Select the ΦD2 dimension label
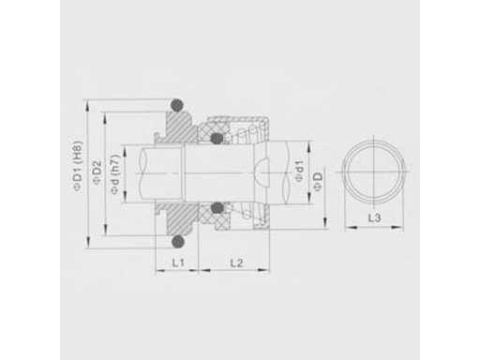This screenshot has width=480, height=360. pos(97,172)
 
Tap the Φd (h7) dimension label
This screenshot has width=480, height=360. pos(115,173)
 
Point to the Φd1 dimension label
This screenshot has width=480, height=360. pos(299,172)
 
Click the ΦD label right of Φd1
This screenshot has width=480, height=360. pos(318,181)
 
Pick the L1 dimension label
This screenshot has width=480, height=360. pos(178,262)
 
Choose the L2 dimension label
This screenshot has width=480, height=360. pos(236,263)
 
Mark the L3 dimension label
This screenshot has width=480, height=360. pos(374,217)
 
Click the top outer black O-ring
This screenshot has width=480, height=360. pos(177,105)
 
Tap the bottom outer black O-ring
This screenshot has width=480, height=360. pos(178,241)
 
